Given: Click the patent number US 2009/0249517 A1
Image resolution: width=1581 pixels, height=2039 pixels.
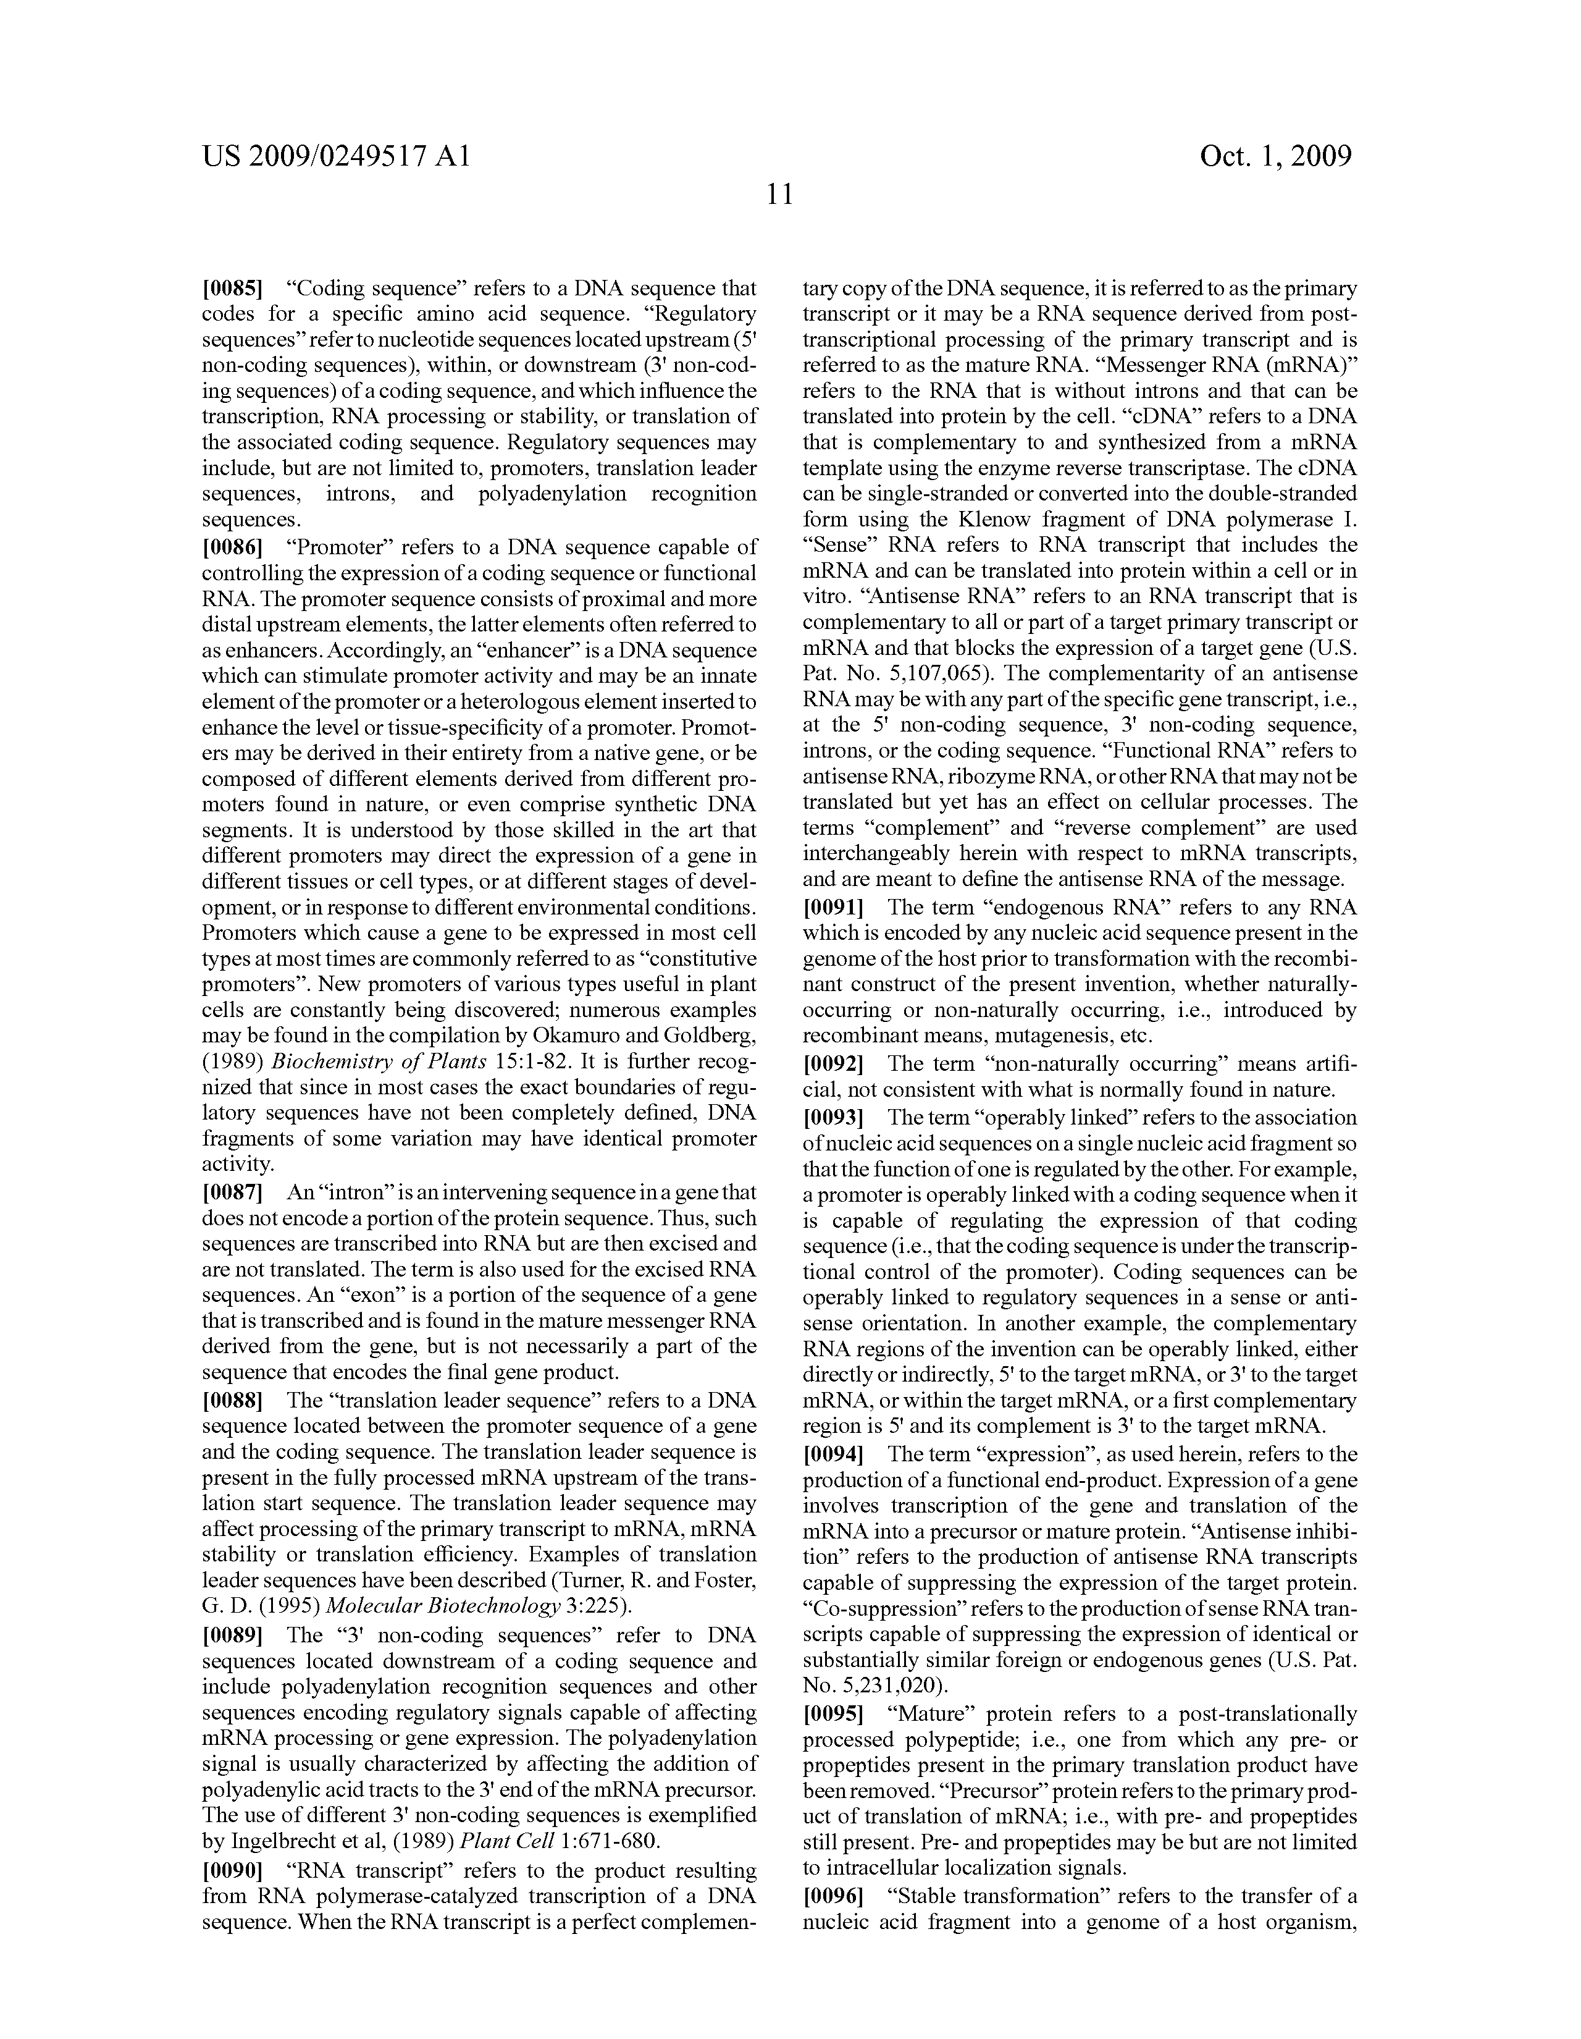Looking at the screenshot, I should click(336, 156).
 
